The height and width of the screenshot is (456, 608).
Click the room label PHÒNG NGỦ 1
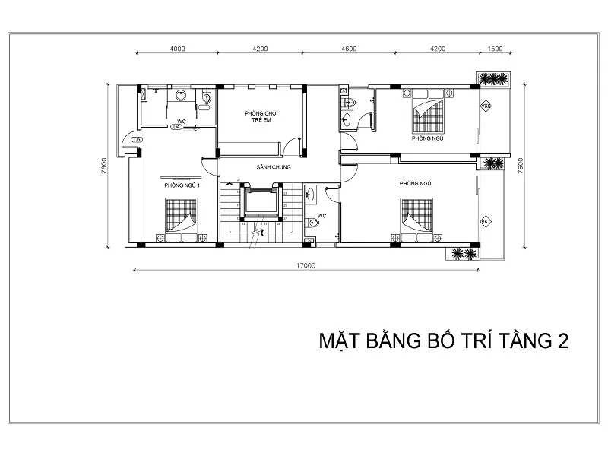[181, 185]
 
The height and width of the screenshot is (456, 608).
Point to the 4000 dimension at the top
[178, 48]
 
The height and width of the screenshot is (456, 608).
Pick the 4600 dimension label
[349, 48]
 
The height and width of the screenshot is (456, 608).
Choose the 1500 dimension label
[495, 48]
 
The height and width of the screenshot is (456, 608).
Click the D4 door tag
[176, 127]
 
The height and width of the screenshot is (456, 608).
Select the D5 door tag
[137, 140]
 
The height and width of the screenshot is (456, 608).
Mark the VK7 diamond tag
[486, 222]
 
